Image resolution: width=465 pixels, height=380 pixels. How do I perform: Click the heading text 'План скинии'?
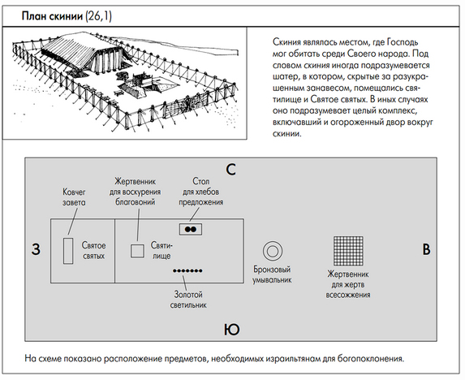52,15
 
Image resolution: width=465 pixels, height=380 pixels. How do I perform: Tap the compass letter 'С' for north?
230,170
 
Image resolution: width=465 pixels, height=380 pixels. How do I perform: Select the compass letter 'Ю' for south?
231,330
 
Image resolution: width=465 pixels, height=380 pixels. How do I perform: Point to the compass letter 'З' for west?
36,249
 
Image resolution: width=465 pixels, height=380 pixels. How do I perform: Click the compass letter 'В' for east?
426,249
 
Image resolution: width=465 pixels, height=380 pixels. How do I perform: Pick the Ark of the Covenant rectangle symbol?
68,251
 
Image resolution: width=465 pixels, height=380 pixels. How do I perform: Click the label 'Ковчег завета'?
74,197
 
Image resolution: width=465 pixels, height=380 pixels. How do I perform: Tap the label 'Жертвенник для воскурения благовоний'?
135,192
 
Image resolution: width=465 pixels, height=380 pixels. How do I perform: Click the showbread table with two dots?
191,229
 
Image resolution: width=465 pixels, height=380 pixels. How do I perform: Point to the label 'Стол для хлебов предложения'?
200,192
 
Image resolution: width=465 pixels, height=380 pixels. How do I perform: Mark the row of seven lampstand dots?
187,270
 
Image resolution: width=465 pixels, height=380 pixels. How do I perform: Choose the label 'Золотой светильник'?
188,300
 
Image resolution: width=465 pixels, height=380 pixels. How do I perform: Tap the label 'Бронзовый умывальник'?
272,274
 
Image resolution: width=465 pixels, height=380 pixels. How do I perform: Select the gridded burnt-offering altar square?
348,251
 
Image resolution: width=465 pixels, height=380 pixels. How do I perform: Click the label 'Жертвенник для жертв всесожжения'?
348,284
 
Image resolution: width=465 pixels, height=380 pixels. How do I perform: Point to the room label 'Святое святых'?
93,251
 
